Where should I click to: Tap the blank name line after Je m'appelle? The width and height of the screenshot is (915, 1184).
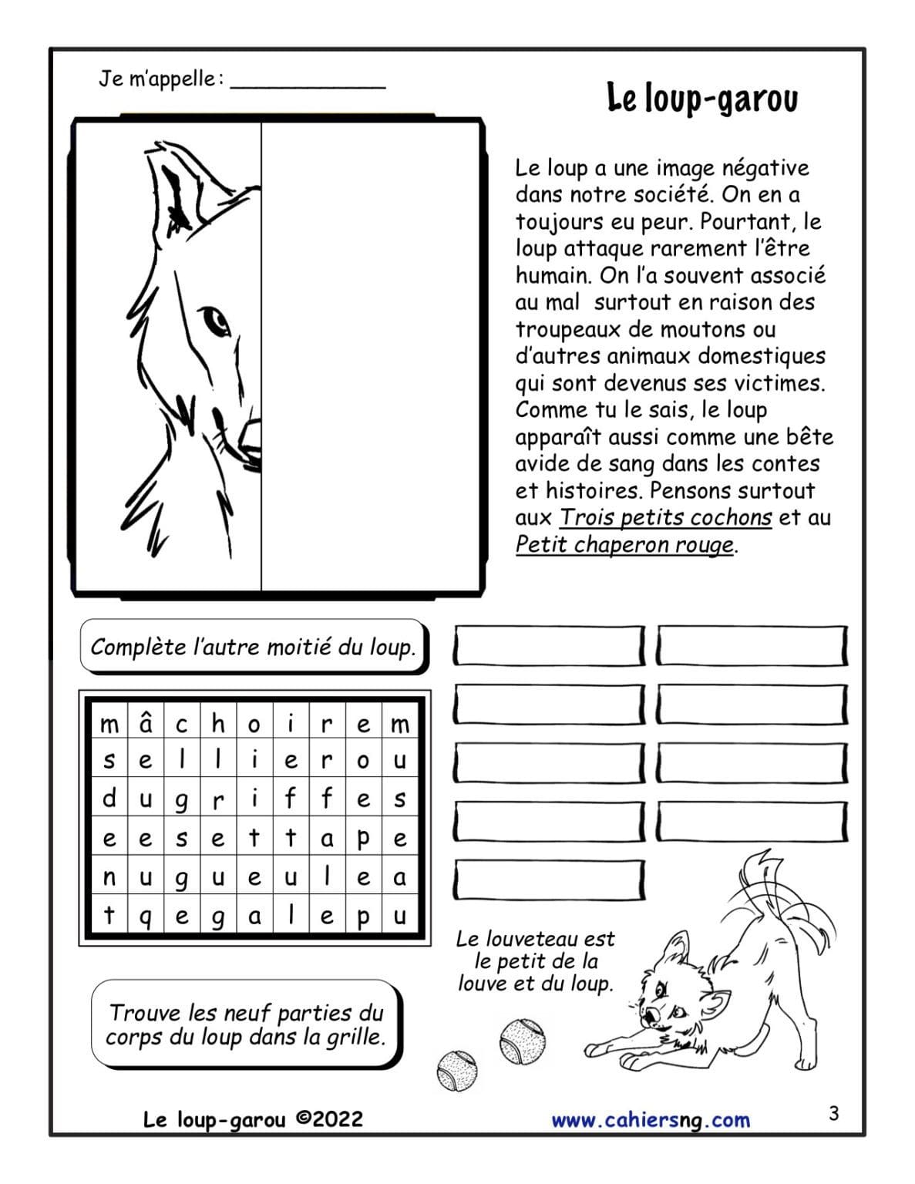(x=308, y=83)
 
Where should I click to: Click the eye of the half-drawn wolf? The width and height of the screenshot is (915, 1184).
(x=215, y=319)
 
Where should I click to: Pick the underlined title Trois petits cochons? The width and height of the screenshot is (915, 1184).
(x=665, y=517)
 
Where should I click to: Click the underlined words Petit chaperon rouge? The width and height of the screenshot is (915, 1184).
(x=624, y=544)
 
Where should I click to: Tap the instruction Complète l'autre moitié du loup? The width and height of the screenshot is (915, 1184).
(x=253, y=647)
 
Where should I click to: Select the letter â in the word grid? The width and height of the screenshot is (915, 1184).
(x=146, y=724)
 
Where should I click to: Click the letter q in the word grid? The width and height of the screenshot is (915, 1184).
(x=146, y=917)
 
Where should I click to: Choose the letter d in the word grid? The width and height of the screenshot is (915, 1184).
(x=109, y=799)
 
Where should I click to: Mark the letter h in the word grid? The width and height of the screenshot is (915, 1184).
(x=218, y=724)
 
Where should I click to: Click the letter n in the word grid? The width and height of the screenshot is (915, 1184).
(x=109, y=878)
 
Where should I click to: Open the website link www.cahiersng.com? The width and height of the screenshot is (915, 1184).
(x=651, y=1120)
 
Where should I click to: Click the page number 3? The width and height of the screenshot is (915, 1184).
(x=833, y=1113)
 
